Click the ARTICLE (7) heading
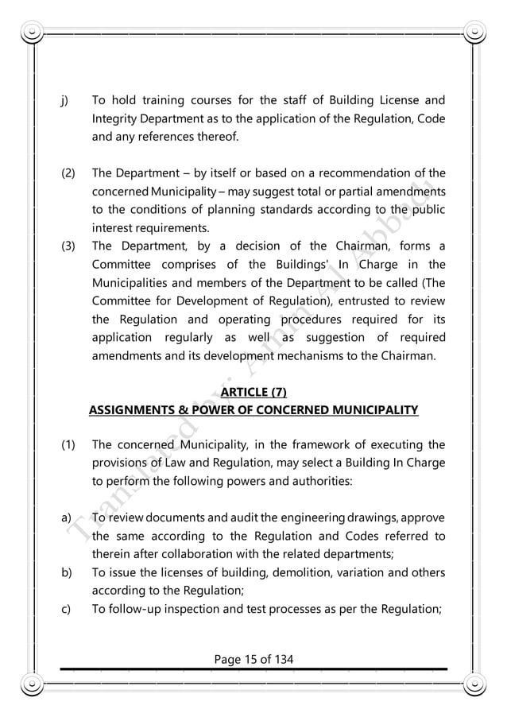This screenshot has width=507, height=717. pyautogui.click(x=253, y=393)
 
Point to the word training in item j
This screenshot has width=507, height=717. pyautogui.click(x=183, y=101)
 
